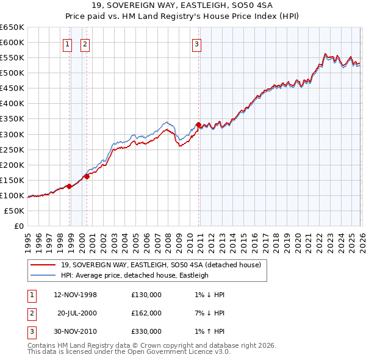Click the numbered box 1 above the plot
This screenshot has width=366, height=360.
click(x=66, y=43)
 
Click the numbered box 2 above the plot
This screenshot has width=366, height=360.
click(x=85, y=43)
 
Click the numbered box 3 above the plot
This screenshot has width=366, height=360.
click(x=196, y=43)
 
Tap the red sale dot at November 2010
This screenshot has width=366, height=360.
click(x=199, y=124)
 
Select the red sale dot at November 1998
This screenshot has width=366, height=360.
click(x=69, y=186)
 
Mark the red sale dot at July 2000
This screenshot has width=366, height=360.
click(x=87, y=176)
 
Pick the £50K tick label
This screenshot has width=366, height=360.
click(x=15, y=211)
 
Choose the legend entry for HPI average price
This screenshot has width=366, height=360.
click(x=134, y=275)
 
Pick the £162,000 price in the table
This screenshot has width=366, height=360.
click(x=146, y=313)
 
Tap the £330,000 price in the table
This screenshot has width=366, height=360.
click(x=146, y=331)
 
